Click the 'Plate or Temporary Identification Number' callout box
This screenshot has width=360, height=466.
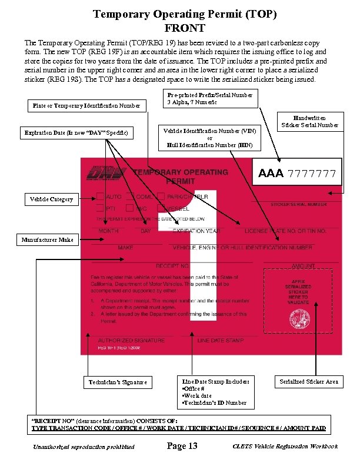(x=86, y=105)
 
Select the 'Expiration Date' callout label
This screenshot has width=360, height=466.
(x=77, y=133)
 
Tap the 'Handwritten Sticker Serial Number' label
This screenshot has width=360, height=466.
(x=310, y=121)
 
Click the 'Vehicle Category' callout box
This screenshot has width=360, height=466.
(x=52, y=199)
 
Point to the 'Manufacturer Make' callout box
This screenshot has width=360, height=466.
(x=48, y=239)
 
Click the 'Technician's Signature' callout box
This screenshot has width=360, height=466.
(x=118, y=382)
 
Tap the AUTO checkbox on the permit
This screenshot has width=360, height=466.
(x=101, y=197)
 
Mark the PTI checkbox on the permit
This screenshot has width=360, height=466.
(x=101, y=208)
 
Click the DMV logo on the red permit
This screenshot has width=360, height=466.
(x=106, y=172)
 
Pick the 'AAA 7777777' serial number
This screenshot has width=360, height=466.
(x=297, y=174)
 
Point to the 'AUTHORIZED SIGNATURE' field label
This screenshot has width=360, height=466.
(x=123, y=341)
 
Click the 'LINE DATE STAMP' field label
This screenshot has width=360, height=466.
(x=221, y=341)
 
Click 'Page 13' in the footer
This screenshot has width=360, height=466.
(x=182, y=446)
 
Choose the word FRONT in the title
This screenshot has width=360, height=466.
(x=185, y=28)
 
